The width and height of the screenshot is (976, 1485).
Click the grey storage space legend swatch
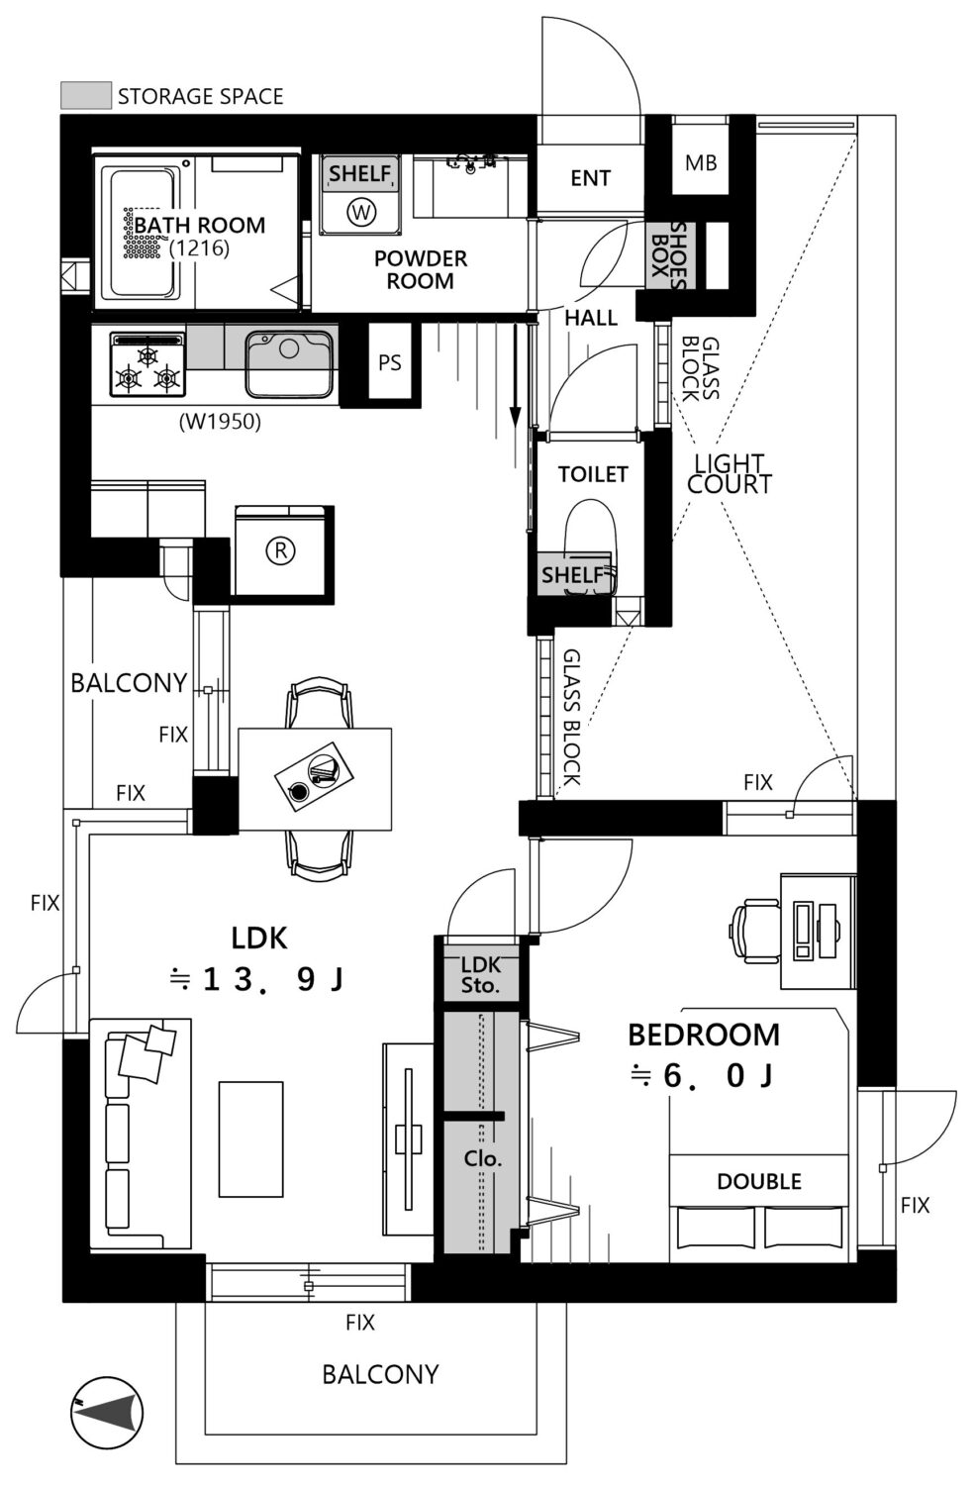[86, 95]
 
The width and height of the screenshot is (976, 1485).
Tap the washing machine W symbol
[360, 212]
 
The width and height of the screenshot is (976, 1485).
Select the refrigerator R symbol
[280, 550]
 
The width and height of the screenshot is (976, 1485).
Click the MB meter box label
[701, 162]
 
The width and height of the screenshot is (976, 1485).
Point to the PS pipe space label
[390, 362]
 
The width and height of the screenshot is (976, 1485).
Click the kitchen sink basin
[289, 364]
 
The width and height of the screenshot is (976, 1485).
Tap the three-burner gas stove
[147, 366]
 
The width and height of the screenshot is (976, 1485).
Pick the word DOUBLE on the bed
[759, 1181]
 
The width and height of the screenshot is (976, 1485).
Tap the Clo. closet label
[482, 1158]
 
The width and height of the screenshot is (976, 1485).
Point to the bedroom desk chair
[756, 931]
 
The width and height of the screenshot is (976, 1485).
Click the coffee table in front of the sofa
[251, 1138]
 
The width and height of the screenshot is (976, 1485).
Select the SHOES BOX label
[668, 254]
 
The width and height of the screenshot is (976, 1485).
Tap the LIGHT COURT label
[730, 474]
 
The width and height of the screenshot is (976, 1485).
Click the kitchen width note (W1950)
[220, 421]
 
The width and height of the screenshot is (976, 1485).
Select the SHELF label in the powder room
[360, 173]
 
